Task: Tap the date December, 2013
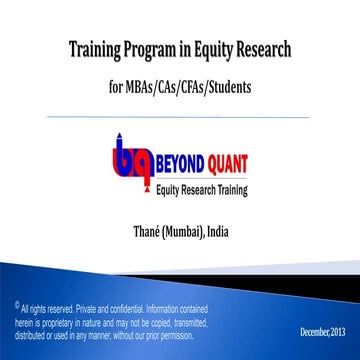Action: click(324, 330)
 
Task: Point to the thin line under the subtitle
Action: click(180, 114)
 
